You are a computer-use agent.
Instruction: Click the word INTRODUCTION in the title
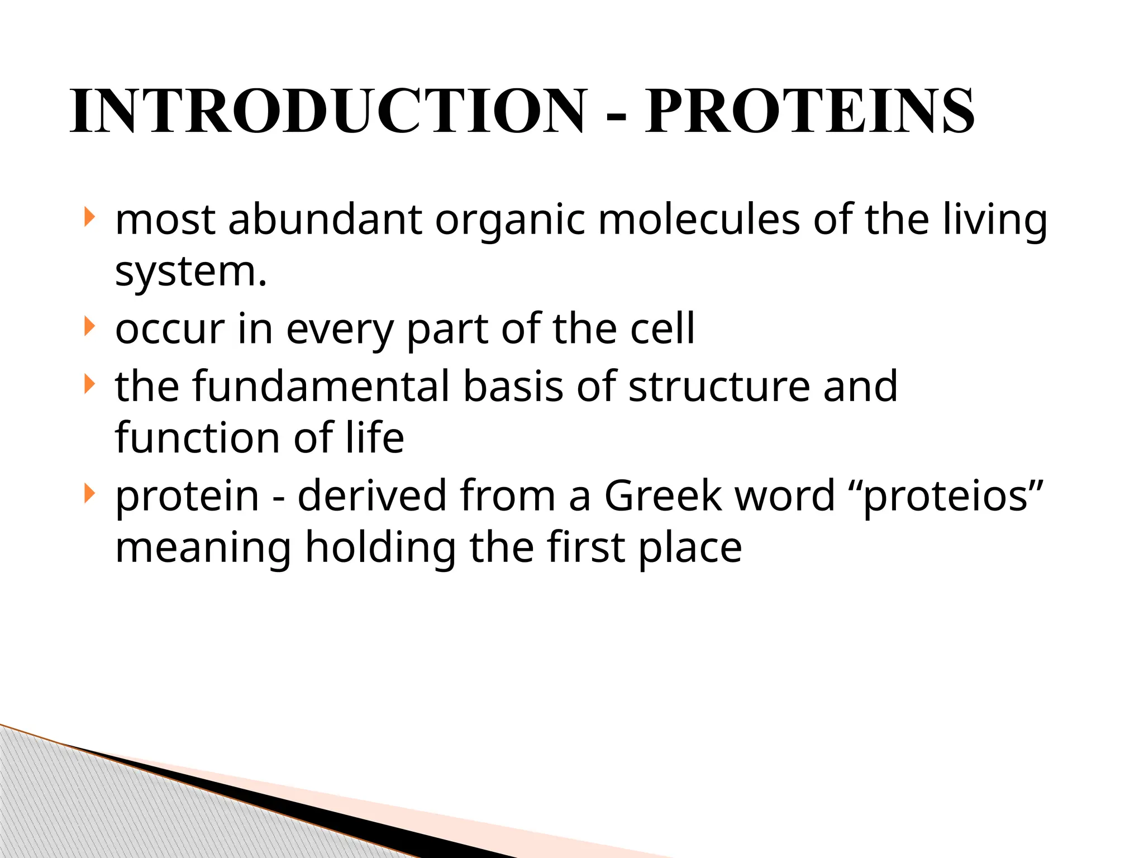coord(328,111)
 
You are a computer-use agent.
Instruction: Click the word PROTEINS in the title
coord(810,111)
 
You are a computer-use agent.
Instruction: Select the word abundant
coord(325,219)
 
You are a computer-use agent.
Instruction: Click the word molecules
coord(699,219)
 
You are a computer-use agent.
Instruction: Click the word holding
coord(380,547)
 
